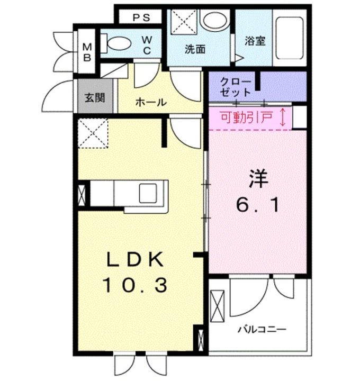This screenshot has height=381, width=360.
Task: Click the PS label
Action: (x=141, y=18)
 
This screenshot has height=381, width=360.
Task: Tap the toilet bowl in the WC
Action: (x=119, y=43)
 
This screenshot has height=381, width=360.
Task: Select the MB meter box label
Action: (x=87, y=52)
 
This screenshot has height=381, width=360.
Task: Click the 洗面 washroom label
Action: (x=195, y=49)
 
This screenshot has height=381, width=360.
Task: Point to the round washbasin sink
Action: (x=215, y=20)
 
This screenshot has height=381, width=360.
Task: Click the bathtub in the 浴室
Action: (x=290, y=38)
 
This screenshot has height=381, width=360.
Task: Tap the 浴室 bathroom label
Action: (x=255, y=41)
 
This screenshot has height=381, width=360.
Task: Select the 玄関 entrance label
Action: (x=95, y=98)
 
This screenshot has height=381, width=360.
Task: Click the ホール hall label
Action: (x=151, y=102)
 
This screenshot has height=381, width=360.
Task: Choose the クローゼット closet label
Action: (x=235, y=87)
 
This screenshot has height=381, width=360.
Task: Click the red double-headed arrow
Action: (x=283, y=117)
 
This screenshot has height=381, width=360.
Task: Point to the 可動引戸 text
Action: (x=246, y=117)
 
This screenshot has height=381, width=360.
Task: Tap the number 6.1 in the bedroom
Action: (x=257, y=205)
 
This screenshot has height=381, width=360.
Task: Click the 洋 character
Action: (x=258, y=179)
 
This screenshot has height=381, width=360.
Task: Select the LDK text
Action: (x=135, y=260)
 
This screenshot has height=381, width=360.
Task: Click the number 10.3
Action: (x=135, y=285)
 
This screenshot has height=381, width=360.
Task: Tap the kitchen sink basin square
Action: (x=148, y=193)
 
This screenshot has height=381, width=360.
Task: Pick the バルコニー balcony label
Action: (x=262, y=330)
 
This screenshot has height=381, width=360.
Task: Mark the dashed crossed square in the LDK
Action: (x=93, y=133)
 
